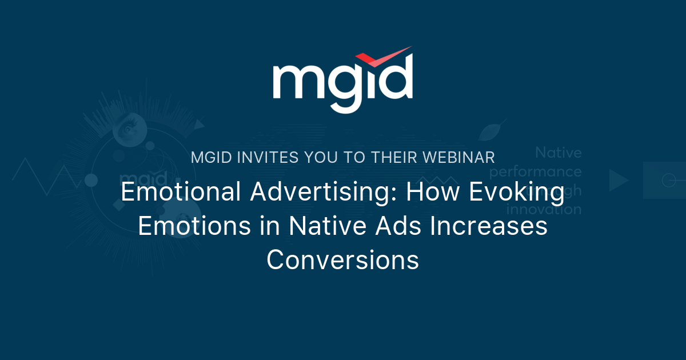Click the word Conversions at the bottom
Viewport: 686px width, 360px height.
343,260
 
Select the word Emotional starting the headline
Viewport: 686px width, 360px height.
181,193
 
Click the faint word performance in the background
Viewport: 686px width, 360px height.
536,171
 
